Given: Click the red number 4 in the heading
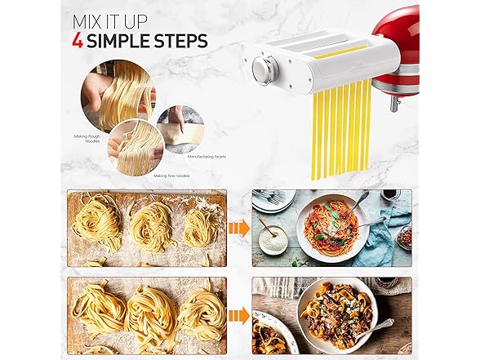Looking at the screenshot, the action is (x=78, y=41).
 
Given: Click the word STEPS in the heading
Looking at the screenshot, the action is (x=180, y=41).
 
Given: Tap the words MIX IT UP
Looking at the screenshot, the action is (x=109, y=21).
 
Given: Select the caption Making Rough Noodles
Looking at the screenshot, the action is (x=87, y=139).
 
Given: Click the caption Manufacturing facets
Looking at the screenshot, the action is (x=207, y=157).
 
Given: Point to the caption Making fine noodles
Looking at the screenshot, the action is (x=171, y=176).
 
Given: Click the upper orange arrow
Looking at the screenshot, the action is (x=239, y=228).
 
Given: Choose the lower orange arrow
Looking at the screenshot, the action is (x=239, y=316).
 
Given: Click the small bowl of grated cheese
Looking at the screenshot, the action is (x=273, y=239).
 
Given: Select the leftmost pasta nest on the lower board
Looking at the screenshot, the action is (x=98, y=309).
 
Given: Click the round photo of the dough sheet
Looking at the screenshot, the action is (x=180, y=129).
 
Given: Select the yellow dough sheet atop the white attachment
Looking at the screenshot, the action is (x=340, y=52).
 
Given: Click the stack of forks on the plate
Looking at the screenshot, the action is (x=269, y=197).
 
